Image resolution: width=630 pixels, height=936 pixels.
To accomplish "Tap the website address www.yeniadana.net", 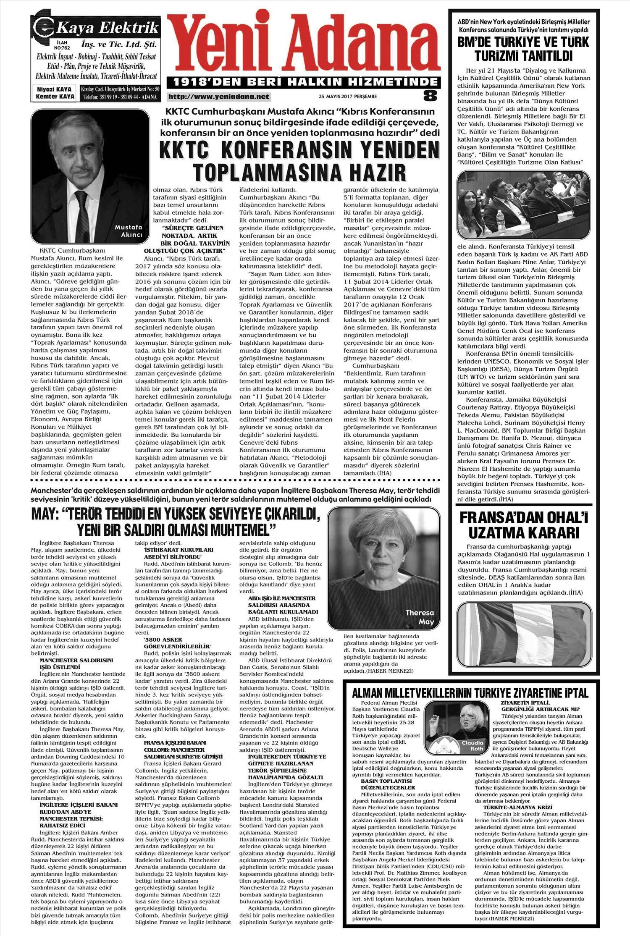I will coord(218,97).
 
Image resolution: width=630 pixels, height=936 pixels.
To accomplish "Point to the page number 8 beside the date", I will coord(430,95).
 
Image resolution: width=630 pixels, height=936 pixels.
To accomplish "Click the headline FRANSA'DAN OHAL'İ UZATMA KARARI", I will coord(524,525).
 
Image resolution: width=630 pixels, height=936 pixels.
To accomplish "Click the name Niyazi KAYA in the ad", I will coord(54,89).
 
